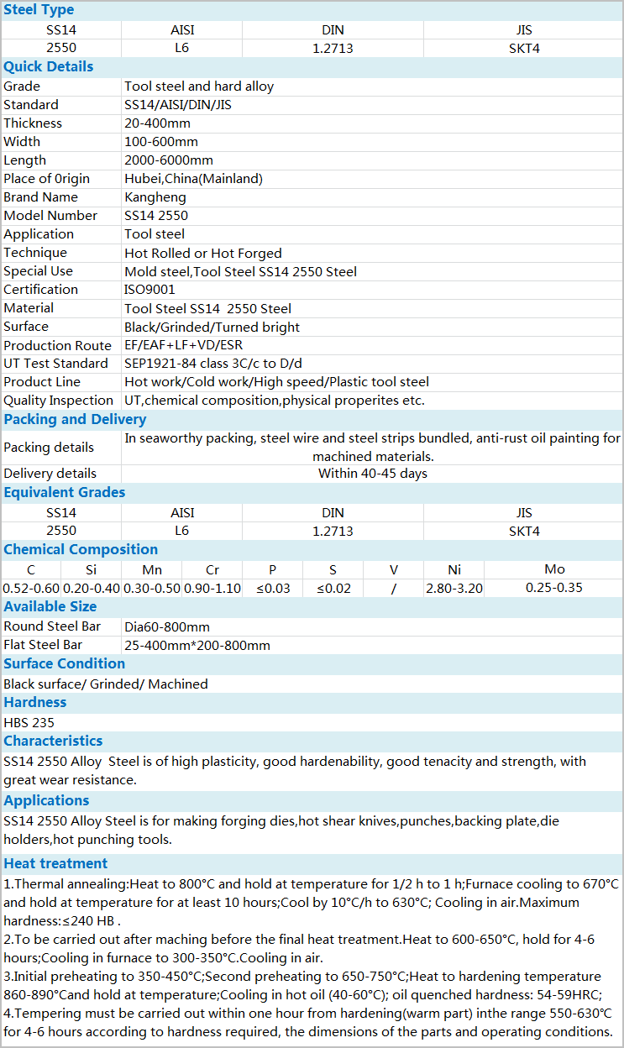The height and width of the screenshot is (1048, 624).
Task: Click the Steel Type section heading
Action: pos(39,10)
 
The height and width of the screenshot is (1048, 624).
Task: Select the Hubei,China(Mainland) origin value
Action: pos(193,179)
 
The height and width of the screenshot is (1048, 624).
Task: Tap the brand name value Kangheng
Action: pos(155,197)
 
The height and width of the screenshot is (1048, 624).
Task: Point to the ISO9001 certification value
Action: pos(149,290)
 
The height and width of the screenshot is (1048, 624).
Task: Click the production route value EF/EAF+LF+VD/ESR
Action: pos(184,345)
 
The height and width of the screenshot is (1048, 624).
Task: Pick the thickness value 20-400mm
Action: pos(158,123)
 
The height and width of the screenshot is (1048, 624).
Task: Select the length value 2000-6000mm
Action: pos(169,160)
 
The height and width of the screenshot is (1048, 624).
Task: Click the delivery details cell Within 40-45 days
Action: pos(373,474)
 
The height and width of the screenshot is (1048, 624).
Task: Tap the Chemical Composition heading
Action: pos(81,549)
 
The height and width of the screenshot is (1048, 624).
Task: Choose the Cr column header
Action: pos(212,570)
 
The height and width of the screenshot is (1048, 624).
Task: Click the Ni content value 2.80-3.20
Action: pos(454,588)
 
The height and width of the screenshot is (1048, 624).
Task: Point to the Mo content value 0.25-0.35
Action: pos(554,588)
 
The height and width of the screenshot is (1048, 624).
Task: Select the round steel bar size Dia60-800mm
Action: pos(167,627)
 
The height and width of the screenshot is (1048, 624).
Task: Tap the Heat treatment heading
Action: pos(55,863)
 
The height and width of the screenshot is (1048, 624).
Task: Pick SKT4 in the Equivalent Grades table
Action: pos(524,531)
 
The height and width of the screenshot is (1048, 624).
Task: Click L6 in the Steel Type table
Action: pos(182,48)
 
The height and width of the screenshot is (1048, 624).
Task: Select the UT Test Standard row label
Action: pos(55,364)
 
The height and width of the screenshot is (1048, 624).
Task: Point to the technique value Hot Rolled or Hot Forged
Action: pos(203,253)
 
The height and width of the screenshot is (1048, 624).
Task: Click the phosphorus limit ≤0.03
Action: pos(273,588)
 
